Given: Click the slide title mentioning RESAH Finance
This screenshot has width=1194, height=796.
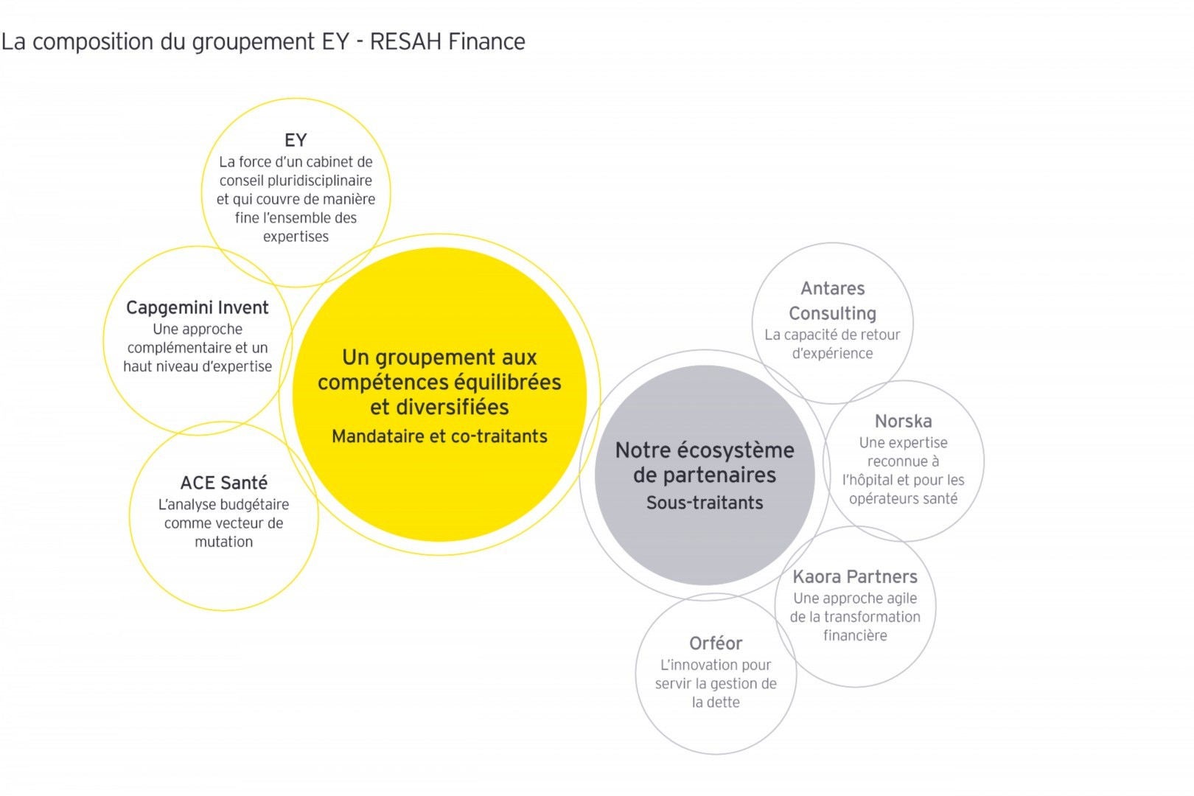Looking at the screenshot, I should [263, 42].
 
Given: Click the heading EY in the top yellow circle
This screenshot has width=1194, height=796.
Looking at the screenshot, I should [296, 140].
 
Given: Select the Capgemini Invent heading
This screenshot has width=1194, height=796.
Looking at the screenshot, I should [198, 307].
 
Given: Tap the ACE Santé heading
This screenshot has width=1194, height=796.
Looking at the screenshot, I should [224, 483].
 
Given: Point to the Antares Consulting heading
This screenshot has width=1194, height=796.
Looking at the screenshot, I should [833, 301].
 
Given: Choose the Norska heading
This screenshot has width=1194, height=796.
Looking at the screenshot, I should [903, 422].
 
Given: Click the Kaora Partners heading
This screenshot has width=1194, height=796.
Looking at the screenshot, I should [855, 576].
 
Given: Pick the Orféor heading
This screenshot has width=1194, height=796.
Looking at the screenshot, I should [716, 643].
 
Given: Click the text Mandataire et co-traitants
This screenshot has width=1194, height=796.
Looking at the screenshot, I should [439, 436].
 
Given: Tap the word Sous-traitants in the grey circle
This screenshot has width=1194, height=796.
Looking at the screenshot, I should [705, 503].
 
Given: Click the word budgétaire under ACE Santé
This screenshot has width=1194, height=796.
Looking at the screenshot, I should [254, 505].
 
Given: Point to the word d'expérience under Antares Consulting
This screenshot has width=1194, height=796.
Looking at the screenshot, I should [832, 354].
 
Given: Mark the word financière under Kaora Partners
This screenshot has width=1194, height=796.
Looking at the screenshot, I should [855, 635].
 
